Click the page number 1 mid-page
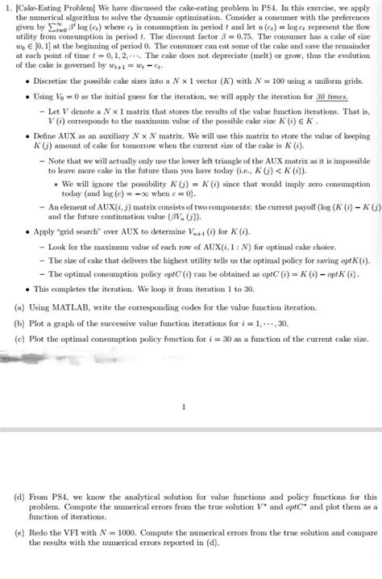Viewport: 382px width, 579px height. [x=186, y=406]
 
